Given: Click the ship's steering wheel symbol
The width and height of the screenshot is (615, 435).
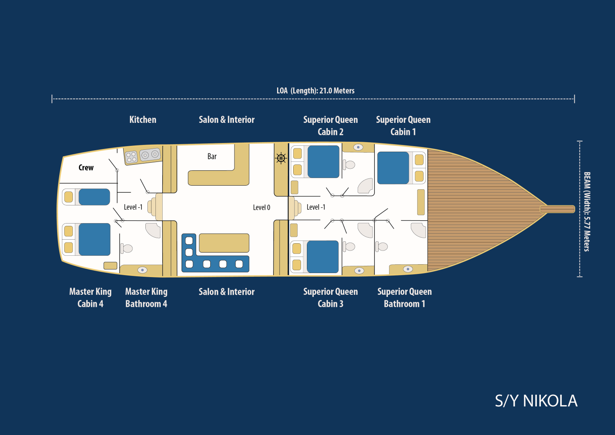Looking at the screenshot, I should (x=281, y=158).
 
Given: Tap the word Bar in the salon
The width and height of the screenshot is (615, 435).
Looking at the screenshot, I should (x=212, y=156).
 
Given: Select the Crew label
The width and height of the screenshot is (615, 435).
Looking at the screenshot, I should (x=86, y=168).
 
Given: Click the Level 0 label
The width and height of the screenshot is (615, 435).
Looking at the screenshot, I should (x=261, y=207).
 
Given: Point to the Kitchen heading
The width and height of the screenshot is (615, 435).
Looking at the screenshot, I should (x=143, y=120).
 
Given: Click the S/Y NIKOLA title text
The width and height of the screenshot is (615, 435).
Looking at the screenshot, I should (x=536, y=401).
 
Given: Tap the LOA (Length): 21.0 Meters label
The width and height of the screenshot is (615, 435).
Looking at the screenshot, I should (x=315, y=91).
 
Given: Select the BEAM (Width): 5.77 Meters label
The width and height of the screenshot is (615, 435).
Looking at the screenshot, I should (x=587, y=211).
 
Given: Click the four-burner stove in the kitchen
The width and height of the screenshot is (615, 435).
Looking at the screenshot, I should (x=131, y=157).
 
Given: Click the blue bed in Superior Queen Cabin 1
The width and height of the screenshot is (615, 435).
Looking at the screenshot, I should (x=393, y=168).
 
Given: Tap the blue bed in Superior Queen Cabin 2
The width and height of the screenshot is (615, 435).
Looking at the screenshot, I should (x=323, y=162).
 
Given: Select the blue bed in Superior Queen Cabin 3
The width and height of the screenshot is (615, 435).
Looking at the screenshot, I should (x=323, y=257).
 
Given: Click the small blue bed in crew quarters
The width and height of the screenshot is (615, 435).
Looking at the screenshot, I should (x=94, y=197).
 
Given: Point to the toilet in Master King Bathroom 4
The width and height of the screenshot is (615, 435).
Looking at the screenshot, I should (x=126, y=249).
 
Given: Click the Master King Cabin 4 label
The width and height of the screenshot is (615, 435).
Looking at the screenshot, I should (x=90, y=298).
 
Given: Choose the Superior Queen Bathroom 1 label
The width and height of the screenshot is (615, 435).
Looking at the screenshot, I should (x=404, y=298).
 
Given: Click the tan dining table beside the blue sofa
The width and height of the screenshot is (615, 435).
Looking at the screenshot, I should (x=224, y=243).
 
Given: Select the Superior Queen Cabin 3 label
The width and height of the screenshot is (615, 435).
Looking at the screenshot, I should (x=330, y=298).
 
